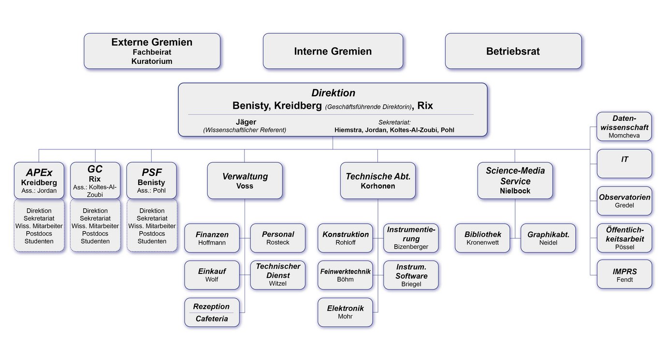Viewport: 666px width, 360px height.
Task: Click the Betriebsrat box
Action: [x=513, y=51]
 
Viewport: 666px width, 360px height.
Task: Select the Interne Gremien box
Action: [x=333, y=51]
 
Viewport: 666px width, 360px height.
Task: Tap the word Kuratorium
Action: [x=152, y=61]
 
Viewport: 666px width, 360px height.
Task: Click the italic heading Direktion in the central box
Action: [x=333, y=93]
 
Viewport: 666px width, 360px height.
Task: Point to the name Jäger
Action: [x=246, y=122]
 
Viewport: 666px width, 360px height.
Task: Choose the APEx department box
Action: [x=39, y=180]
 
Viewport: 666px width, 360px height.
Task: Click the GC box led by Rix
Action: [x=95, y=180]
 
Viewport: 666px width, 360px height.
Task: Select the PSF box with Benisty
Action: [x=151, y=180]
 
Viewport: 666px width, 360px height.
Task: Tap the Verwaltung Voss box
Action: [x=245, y=180]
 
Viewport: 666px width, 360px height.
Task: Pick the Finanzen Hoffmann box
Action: [x=212, y=238]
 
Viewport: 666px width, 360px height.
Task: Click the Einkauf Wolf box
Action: [x=212, y=275]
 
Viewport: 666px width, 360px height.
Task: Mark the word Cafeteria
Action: [x=212, y=319]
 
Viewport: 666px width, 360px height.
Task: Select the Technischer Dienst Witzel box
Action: [x=278, y=275]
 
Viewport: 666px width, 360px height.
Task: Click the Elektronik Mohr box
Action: [x=345, y=312]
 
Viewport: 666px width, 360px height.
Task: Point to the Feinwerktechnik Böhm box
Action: [x=345, y=275]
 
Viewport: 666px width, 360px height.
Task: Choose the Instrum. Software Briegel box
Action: [x=411, y=275]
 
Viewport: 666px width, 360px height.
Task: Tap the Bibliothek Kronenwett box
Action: [x=482, y=238]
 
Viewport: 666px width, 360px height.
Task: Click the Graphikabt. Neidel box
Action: [x=548, y=238]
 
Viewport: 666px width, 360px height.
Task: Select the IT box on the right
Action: [x=624, y=163]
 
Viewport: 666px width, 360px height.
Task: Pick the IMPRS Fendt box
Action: [x=624, y=274]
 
